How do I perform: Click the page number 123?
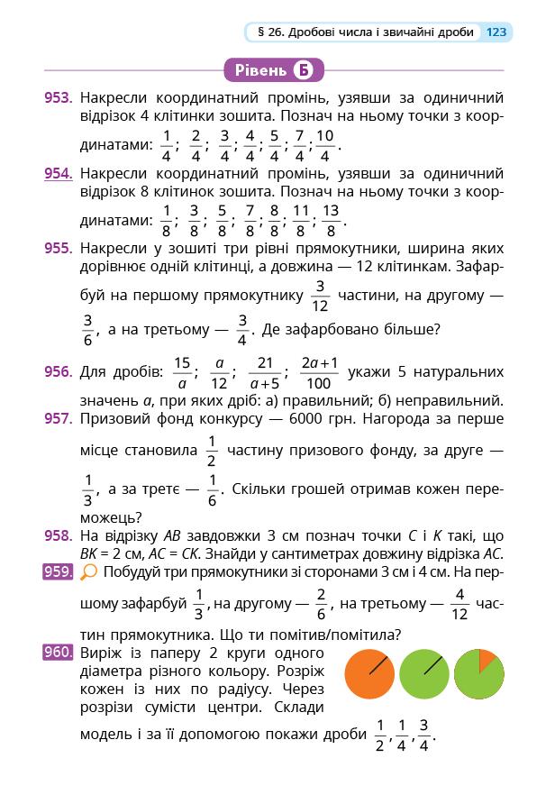(x=496, y=32)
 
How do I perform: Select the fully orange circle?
(x=371, y=674)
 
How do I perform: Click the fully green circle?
(x=424, y=674)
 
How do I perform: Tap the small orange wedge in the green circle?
(x=487, y=660)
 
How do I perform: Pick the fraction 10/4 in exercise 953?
(x=325, y=145)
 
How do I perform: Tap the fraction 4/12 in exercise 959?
(x=461, y=604)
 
